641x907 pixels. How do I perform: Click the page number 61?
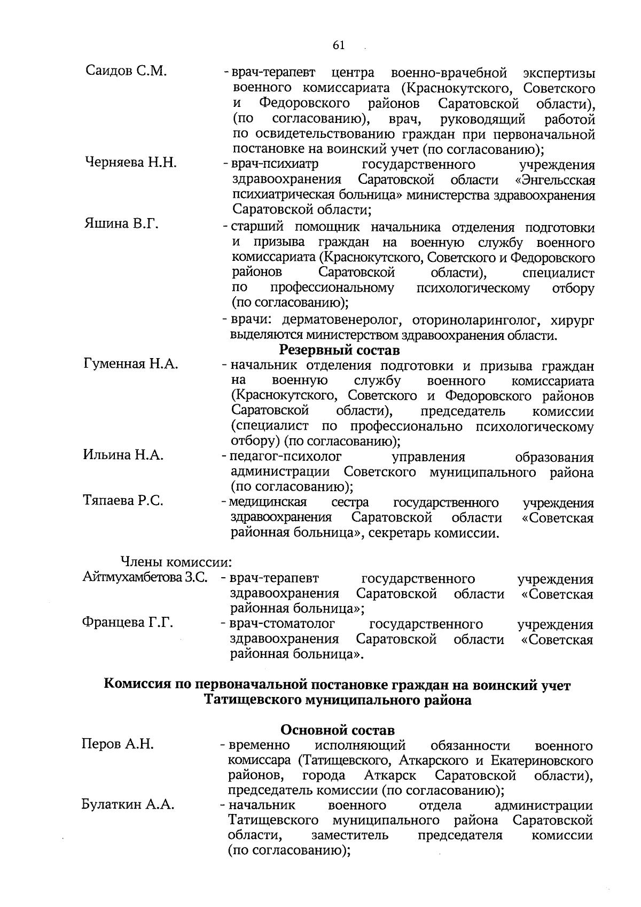(x=339, y=45)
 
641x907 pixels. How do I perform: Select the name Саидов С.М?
(x=126, y=71)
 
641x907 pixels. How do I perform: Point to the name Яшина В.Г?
(x=121, y=224)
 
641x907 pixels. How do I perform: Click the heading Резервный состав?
(x=339, y=351)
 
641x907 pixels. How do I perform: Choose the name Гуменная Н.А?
(x=131, y=365)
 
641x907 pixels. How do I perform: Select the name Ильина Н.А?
(x=123, y=455)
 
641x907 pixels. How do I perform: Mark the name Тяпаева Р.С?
(x=123, y=501)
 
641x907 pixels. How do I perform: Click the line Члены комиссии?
(x=176, y=562)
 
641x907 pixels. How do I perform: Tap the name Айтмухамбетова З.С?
(x=145, y=577)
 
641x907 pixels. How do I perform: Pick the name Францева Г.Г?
(x=127, y=623)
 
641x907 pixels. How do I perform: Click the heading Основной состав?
(x=338, y=730)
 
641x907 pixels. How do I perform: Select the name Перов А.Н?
(x=118, y=744)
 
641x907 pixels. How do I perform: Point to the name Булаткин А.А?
(x=128, y=805)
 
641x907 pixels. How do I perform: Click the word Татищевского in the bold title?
(x=252, y=700)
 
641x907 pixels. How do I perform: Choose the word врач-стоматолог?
(x=282, y=624)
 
